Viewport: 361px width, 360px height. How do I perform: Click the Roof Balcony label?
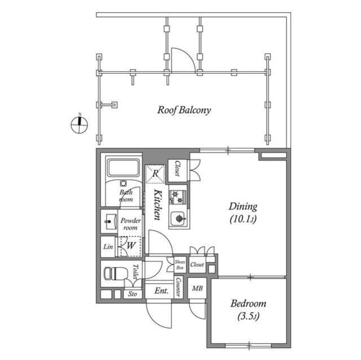[183, 110]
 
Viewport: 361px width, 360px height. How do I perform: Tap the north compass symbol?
[80, 124]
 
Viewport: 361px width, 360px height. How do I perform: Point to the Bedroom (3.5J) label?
[248, 310]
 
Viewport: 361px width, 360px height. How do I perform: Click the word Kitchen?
[158, 205]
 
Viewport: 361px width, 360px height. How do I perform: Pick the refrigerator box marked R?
[155, 174]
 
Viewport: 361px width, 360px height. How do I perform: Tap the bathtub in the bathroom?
[123, 169]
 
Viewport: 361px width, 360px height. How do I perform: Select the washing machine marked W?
[130, 245]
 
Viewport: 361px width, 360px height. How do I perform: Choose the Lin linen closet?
[108, 246]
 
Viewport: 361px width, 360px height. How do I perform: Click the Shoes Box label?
[179, 264]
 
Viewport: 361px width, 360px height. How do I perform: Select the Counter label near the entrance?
[178, 287]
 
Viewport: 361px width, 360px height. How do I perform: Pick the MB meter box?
[197, 289]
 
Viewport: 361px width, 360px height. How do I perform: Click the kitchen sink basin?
[178, 217]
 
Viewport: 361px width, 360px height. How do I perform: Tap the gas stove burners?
[177, 197]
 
